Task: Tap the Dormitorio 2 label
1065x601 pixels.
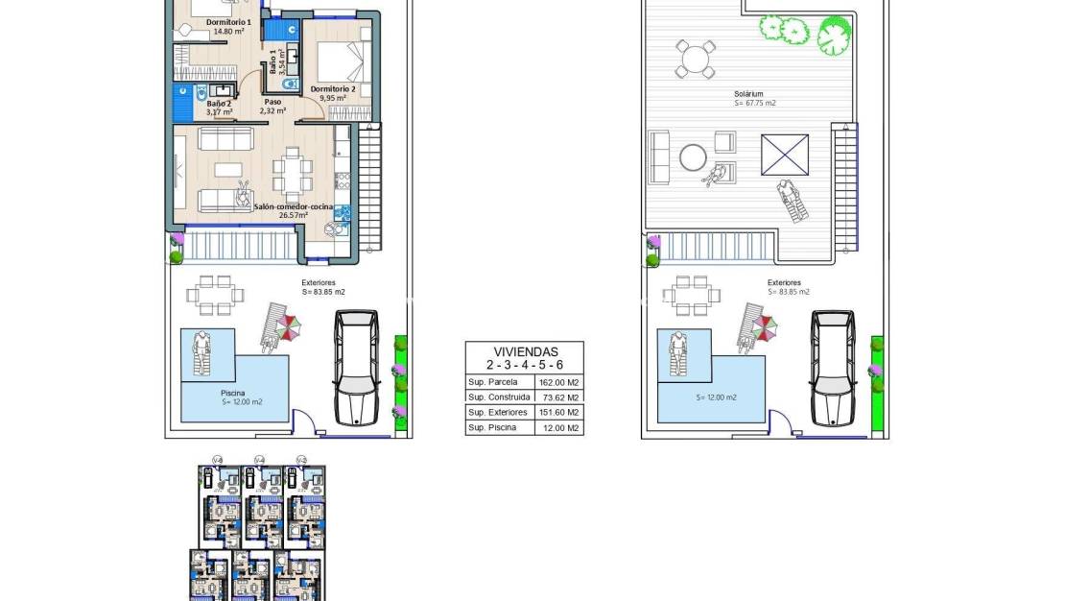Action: click(333, 89)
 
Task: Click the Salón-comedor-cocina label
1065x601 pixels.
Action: click(294, 206)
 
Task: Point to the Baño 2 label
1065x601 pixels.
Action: click(219, 103)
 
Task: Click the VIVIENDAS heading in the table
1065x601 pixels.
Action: click(524, 351)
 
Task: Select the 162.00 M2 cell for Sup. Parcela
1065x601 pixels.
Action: click(559, 382)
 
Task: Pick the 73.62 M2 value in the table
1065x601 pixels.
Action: click(559, 397)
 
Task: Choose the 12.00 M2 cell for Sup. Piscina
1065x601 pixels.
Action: click(559, 427)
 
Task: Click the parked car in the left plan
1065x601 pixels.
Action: click(355, 367)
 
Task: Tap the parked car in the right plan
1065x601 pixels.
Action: click(833, 367)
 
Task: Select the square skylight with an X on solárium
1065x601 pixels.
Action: click(785, 155)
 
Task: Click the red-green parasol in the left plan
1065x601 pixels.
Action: click(287, 328)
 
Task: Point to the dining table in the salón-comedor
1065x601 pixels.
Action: click(293, 176)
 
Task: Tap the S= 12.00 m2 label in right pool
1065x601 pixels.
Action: click(710, 397)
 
